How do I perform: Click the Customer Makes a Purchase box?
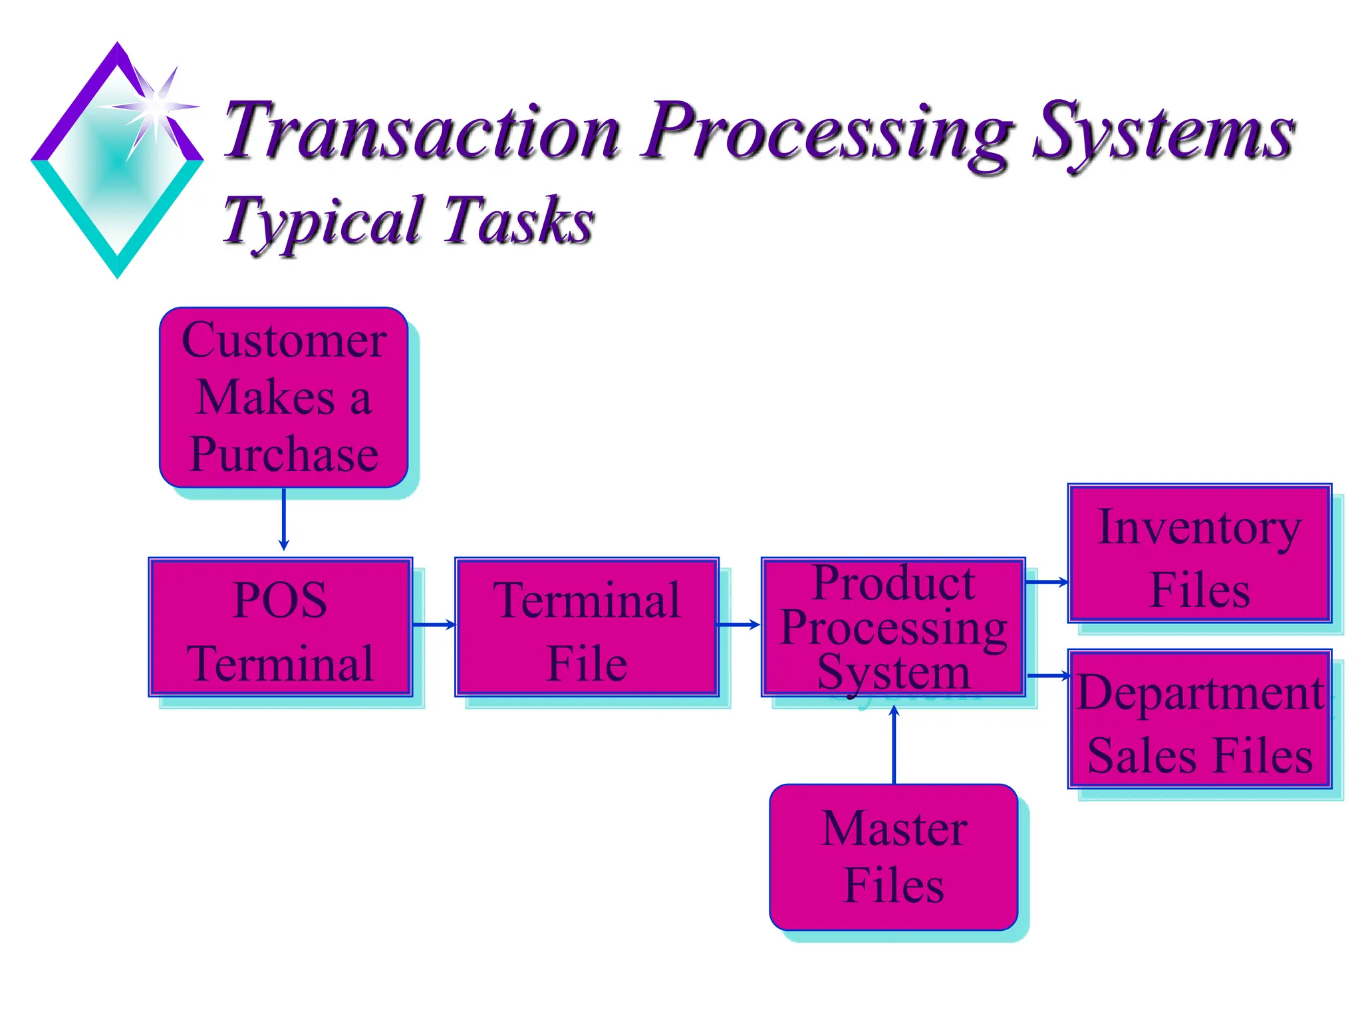point(283,397)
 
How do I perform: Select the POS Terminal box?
point(280,627)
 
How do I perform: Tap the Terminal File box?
point(587,627)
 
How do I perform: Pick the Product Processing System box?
point(893,627)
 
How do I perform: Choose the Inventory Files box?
point(1199,554)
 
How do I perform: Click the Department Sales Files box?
point(1199,719)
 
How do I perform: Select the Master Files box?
point(893,857)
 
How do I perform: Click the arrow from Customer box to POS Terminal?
point(284,519)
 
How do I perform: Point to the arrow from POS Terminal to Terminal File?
point(434,624)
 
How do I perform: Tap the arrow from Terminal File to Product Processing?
point(738,624)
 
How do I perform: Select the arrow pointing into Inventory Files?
point(1047,582)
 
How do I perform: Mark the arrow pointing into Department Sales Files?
point(1048,675)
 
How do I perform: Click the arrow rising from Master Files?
point(894,745)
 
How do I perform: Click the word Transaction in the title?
point(422,131)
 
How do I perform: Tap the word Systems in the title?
point(1162,133)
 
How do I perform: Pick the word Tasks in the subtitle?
point(518,220)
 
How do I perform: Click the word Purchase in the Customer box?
point(284,454)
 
